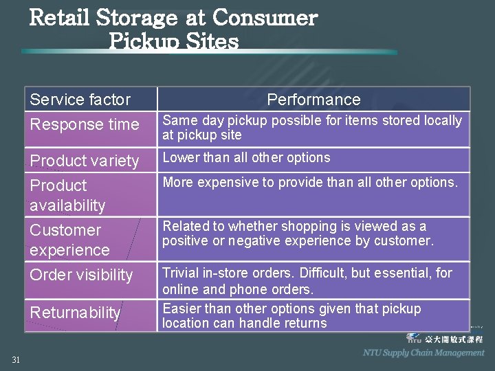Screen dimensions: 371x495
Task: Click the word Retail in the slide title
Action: pos(60,17)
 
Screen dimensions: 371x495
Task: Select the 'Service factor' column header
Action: pos(80,100)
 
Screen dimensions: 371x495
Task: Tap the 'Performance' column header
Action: pos(313,100)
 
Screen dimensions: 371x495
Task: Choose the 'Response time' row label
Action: pos(84,124)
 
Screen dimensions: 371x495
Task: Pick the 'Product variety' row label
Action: pos(84,161)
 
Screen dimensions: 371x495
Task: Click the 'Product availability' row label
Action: pos(67,195)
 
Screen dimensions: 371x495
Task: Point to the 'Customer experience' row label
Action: pos(69,240)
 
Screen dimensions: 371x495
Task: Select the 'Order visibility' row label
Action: pos(81,275)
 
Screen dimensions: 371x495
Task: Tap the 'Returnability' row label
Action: pos(75,313)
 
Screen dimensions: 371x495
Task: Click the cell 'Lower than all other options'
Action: pos(246,157)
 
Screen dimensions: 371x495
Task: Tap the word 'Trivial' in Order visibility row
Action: pos(181,273)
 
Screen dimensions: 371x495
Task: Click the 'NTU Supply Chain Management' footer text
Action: pos(423,352)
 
